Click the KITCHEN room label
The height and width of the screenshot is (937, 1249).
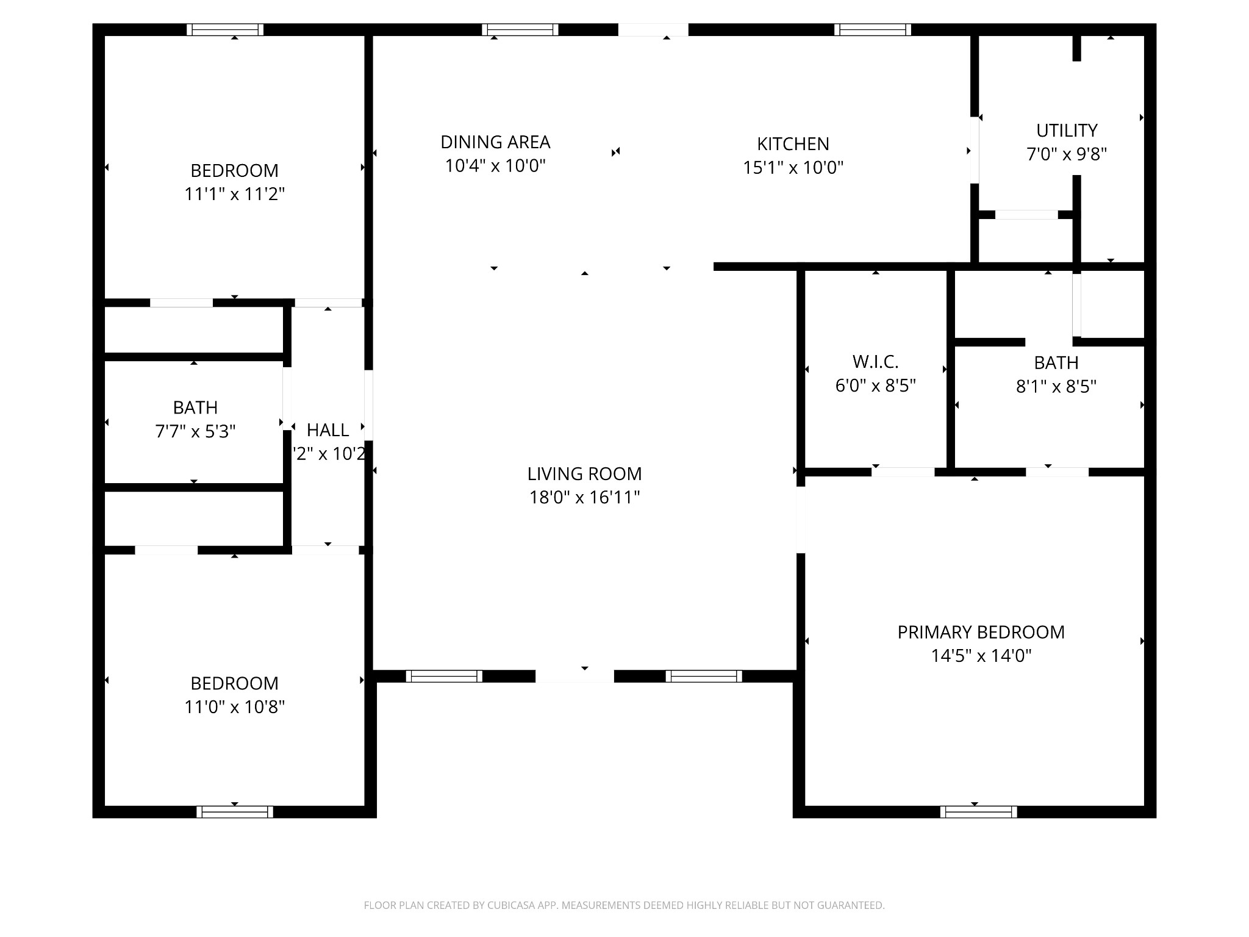pos(793,144)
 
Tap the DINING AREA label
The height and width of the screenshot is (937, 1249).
pos(495,142)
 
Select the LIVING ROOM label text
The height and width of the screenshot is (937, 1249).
pos(584,474)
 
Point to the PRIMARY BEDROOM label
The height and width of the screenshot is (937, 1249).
pos(981,632)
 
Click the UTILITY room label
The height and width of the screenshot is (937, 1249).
pos(1067,131)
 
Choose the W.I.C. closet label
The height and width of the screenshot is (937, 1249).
pos(875,362)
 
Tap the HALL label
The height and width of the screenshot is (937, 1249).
pos(327,431)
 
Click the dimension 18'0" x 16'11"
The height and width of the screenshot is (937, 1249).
pos(584,498)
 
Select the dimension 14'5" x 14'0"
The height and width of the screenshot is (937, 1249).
pos(981,656)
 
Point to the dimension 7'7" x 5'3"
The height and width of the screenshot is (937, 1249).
pos(195,432)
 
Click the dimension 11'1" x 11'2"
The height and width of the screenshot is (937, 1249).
pos(235,194)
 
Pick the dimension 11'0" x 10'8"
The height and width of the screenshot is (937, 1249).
pos(235,707)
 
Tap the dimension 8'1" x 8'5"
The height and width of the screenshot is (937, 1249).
pos(1056,387)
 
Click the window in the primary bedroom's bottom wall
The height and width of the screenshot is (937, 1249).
pos(978,812)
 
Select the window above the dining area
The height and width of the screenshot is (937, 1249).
pos(520,30)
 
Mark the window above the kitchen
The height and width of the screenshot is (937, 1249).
pos(873,30)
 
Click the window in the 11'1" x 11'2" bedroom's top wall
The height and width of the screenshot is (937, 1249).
pos(225,30)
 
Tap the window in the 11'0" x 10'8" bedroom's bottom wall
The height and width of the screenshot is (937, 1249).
pos(235,812)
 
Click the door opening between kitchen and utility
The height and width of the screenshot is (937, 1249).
pos(975,150)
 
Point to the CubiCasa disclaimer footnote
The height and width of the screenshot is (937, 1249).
pos(624,906)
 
